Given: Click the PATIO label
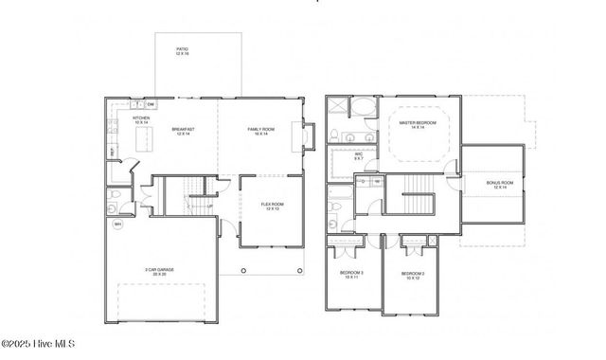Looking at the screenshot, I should coord(182,51).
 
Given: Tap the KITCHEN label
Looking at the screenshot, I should coord(141,120).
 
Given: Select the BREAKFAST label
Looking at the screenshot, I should coord(184,131).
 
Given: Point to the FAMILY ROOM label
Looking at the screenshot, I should coord(260,131).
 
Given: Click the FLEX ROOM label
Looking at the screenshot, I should coord(273,206).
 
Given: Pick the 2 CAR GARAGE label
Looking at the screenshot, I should coord(159,271).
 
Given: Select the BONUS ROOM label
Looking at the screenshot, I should coord(500,185).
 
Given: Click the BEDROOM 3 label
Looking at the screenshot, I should coord(353,275).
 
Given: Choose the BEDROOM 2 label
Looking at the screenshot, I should coord(411,275).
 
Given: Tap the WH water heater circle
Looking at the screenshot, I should coord(118,225).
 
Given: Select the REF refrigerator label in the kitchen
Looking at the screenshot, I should coord(113,152).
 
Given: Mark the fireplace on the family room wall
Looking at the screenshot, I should coord(305,137).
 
